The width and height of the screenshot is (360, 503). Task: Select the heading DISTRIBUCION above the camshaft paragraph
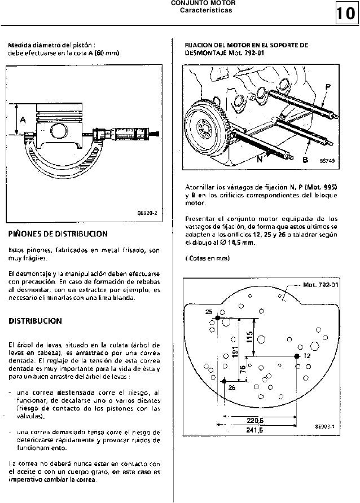(x=36, y=321)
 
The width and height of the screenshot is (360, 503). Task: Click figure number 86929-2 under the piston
(x=147, y=214)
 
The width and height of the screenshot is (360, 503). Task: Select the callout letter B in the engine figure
(x=305, y=160)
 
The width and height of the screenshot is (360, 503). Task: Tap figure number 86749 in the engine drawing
(x=327, y=160)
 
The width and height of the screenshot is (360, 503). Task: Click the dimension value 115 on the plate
(x=249, y=337)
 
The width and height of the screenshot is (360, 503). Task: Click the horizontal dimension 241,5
(x=256, y=430)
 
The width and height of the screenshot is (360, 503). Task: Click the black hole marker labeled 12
(x=297, y=356)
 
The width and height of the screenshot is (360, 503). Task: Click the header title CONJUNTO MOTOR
(x=201, y=3)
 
